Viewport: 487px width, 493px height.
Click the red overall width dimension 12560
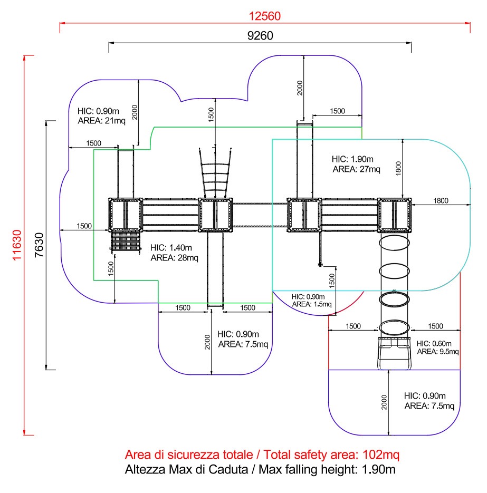(264, 16)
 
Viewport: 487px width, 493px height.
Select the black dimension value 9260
(260, 35)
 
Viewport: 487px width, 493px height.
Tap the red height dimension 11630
(17, 245)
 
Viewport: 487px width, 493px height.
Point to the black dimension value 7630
(39, 245)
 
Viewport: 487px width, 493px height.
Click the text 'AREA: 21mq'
(102, 121)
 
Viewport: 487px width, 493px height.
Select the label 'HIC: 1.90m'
(352, 159)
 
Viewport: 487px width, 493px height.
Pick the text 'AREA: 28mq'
(174, 258)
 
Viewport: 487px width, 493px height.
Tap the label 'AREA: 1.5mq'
(312, 304)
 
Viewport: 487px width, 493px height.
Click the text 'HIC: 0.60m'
(434, 344)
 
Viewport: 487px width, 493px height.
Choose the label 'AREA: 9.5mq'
(437, 352)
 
